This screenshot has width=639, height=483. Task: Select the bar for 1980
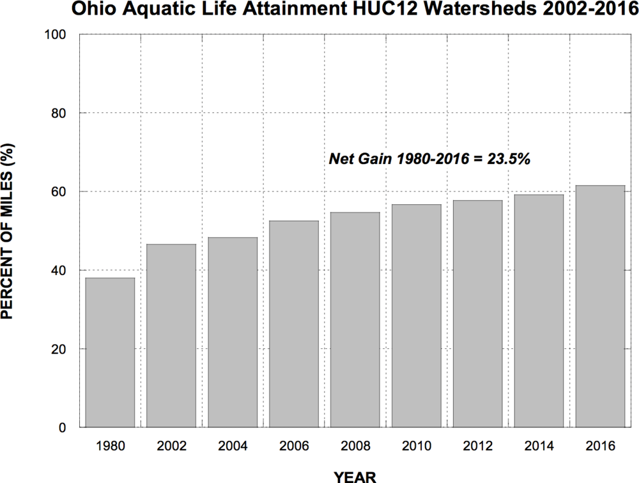(x=110, y=352)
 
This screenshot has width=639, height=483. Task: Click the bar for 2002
(x=171, y=336)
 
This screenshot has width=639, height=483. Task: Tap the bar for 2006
(x=294, y=324)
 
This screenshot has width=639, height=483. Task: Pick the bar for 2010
(x=417, y=316)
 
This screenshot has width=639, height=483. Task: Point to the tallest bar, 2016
(x=601, y=306)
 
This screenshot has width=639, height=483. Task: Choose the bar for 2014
(x=539, y=311)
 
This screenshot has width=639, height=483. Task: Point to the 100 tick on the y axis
(x=59, y=34)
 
